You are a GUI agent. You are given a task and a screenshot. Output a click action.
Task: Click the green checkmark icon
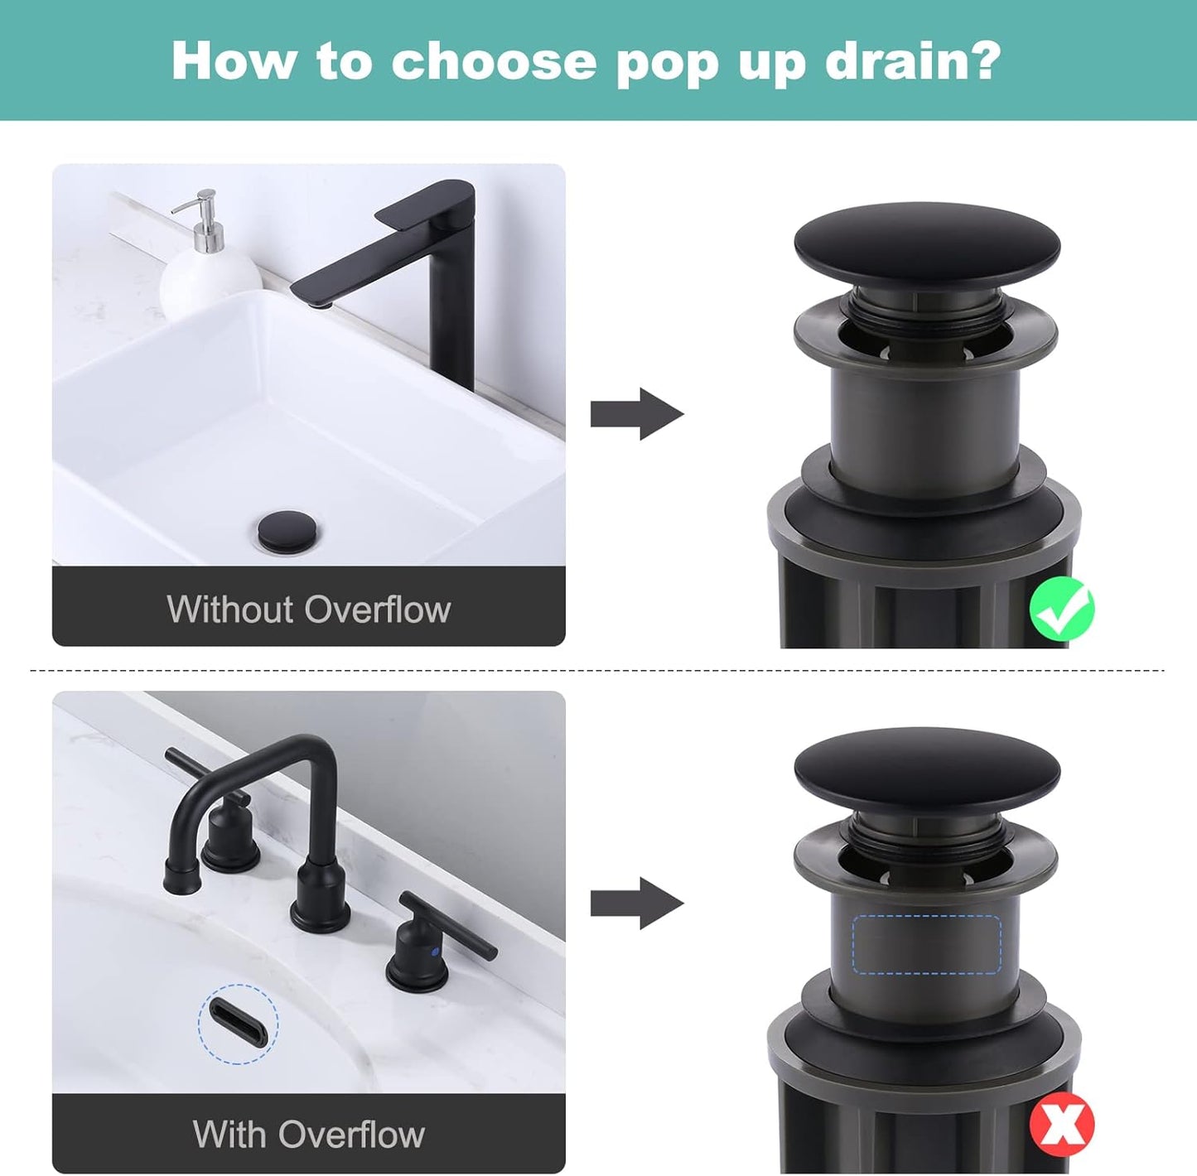[x=1061, y=609]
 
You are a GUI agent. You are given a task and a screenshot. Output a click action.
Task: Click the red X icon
[x=1061, y=1124]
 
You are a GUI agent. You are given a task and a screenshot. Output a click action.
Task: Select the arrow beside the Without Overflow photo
[x=636, y=413]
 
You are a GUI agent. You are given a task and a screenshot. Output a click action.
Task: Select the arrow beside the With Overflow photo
[x=636, y=903]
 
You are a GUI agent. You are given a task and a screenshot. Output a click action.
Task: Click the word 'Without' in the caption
[x=229, y=610]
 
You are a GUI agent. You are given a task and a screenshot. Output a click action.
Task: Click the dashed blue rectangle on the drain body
[x=926, y=944]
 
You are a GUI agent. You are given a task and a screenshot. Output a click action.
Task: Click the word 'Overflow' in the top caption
[x=378, y=610]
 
